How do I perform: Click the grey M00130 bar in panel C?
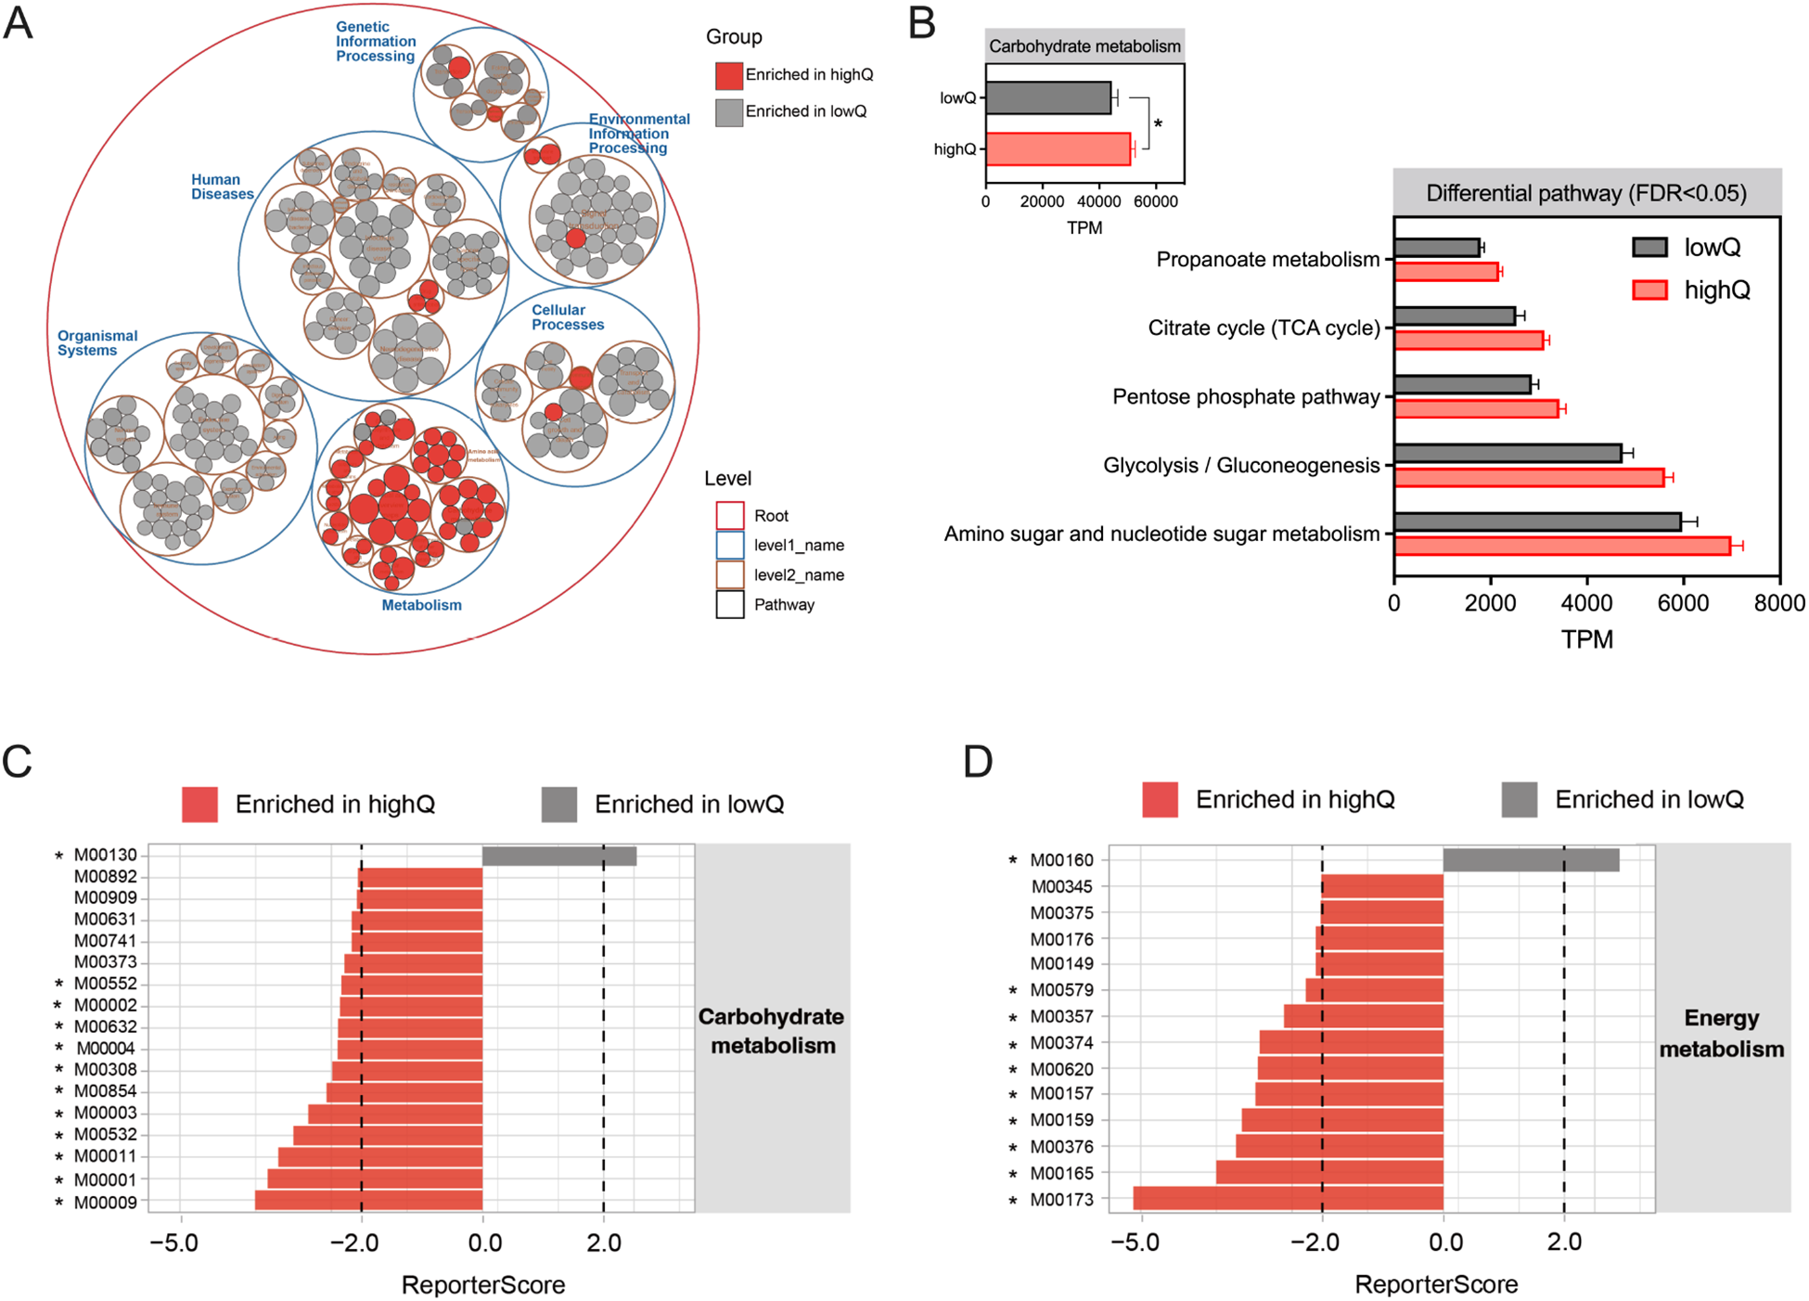coord(559,856)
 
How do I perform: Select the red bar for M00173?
coord(1288,1198)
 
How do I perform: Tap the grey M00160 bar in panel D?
coord(1531,860)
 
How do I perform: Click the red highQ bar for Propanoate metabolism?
coord(1446,272)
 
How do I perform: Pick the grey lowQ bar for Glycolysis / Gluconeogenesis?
coord(1507,453)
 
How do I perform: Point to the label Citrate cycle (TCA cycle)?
coord(1264,328)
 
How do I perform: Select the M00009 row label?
coord(106,1203)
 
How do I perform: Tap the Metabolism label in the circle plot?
coord(421,605)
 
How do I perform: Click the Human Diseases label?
coord(222,187)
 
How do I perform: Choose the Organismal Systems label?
coord(96,342)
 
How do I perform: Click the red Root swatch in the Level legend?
coord(730,515)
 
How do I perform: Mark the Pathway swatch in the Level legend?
coord(730,604)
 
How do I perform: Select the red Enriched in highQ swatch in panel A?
coord(729,75)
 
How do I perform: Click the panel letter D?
coord(978,762)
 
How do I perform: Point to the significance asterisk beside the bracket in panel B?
coord(1158,124)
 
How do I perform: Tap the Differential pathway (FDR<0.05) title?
coord(1586,193)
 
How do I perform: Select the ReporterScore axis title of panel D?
coord(1436,1284)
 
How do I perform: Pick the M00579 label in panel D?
coord(1062,990)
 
